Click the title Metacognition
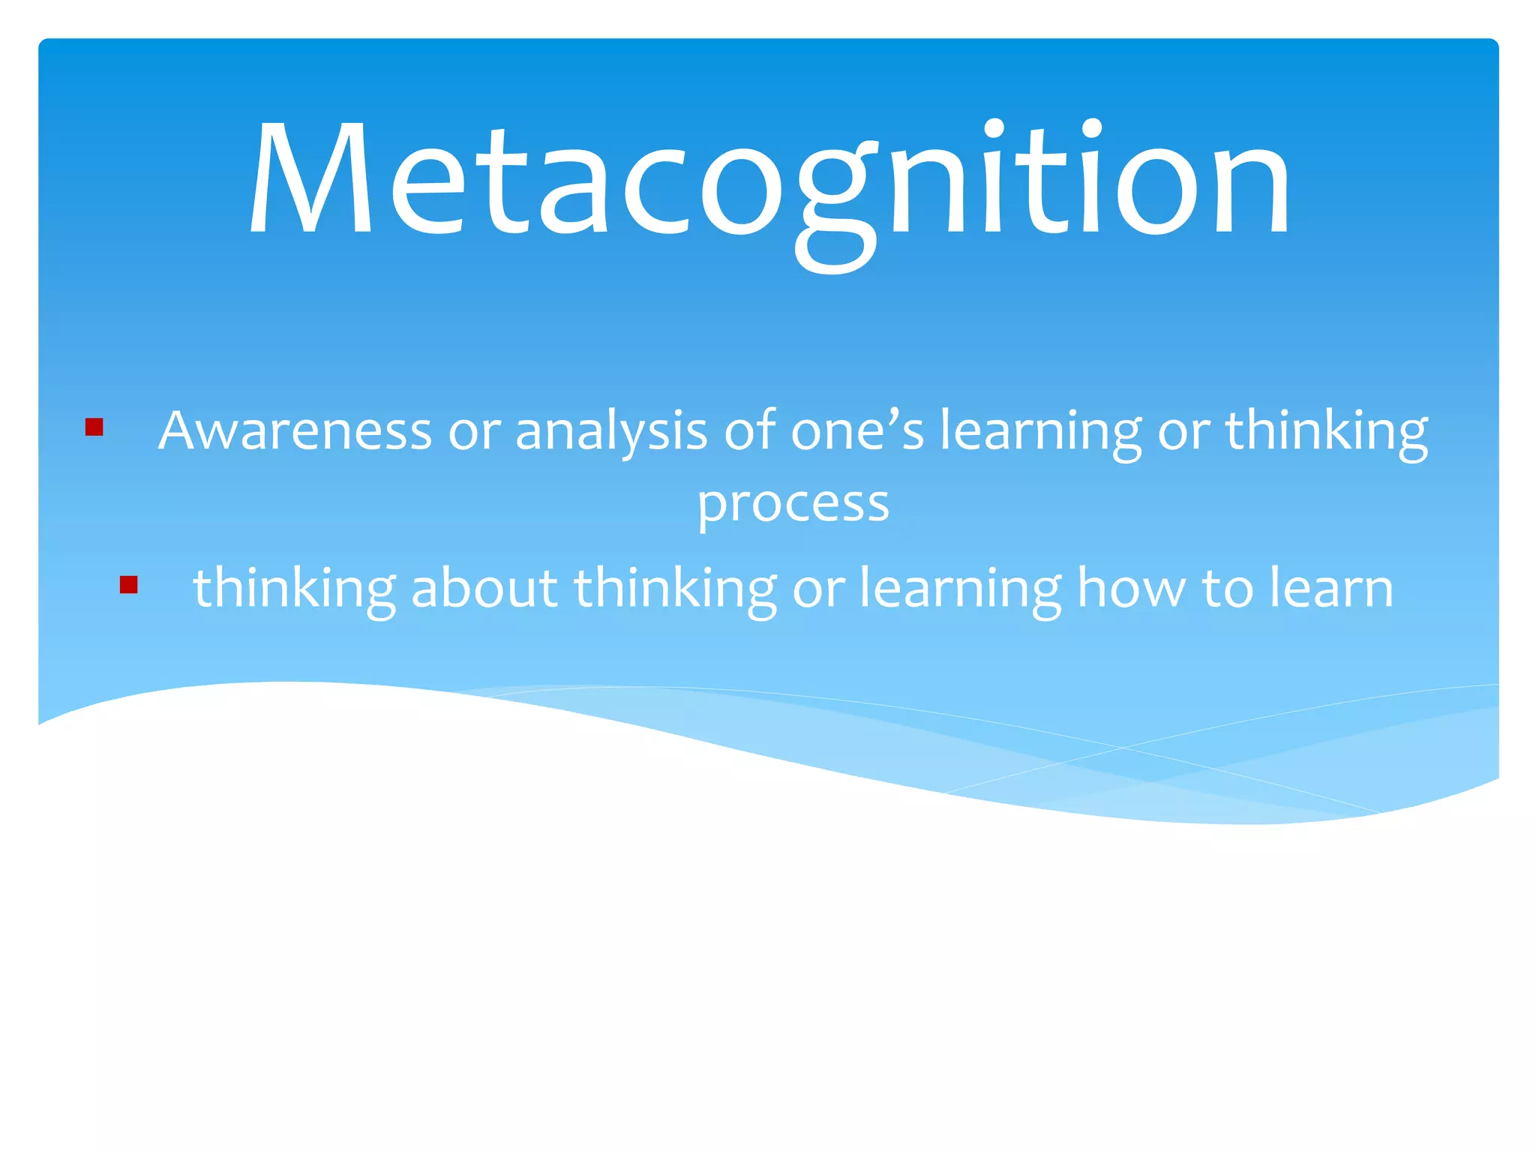pyautogui.click(x=769, y=180)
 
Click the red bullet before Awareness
pyautogui.click(x=94, y=427)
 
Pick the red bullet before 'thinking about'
pyautogui.click(x=128, y=585)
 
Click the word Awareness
pyautogui.click(x=295, y=431)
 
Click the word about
pyautogui.click(x=484, y=587)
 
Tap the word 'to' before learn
pyautogui.click(x=1227, y=587)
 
